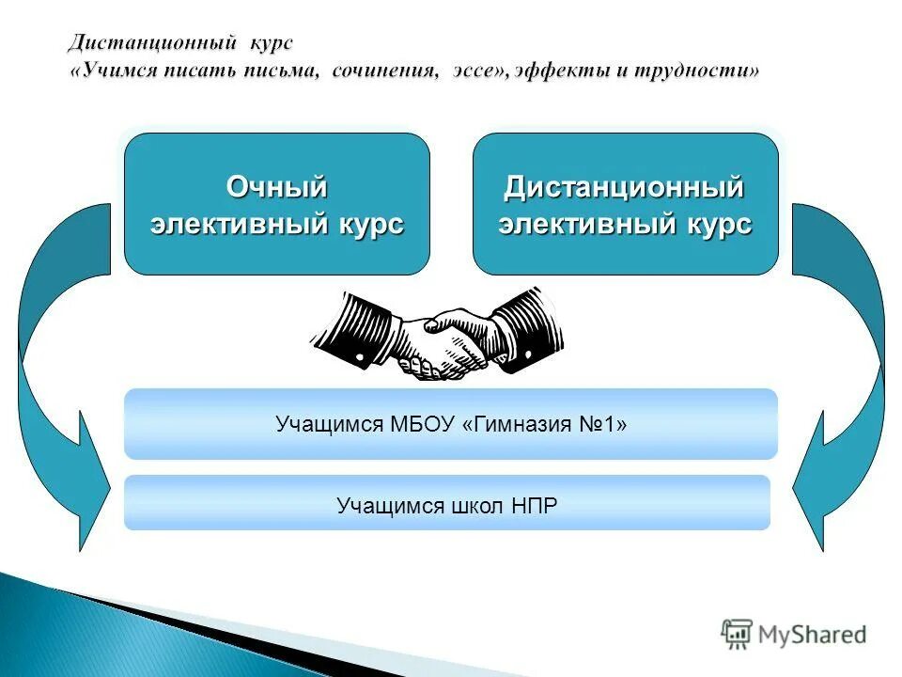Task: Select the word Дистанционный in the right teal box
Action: [x=624, y=188]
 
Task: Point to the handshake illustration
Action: [x=438, y=334]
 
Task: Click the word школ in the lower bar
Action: [x=475, y=506]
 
